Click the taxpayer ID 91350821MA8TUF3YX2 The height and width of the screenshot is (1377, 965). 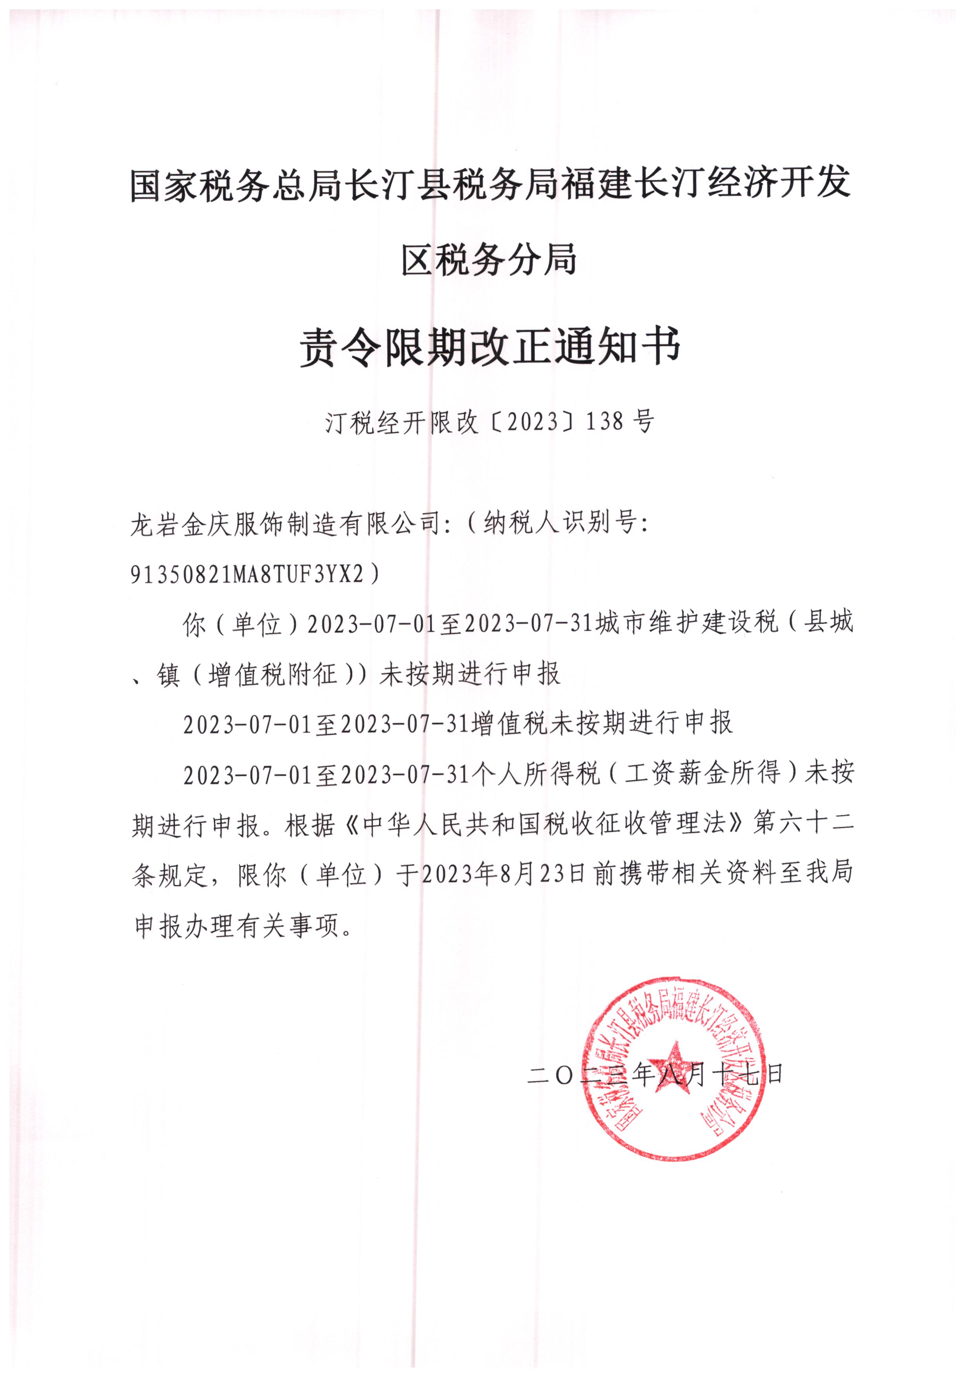point(248,574)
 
